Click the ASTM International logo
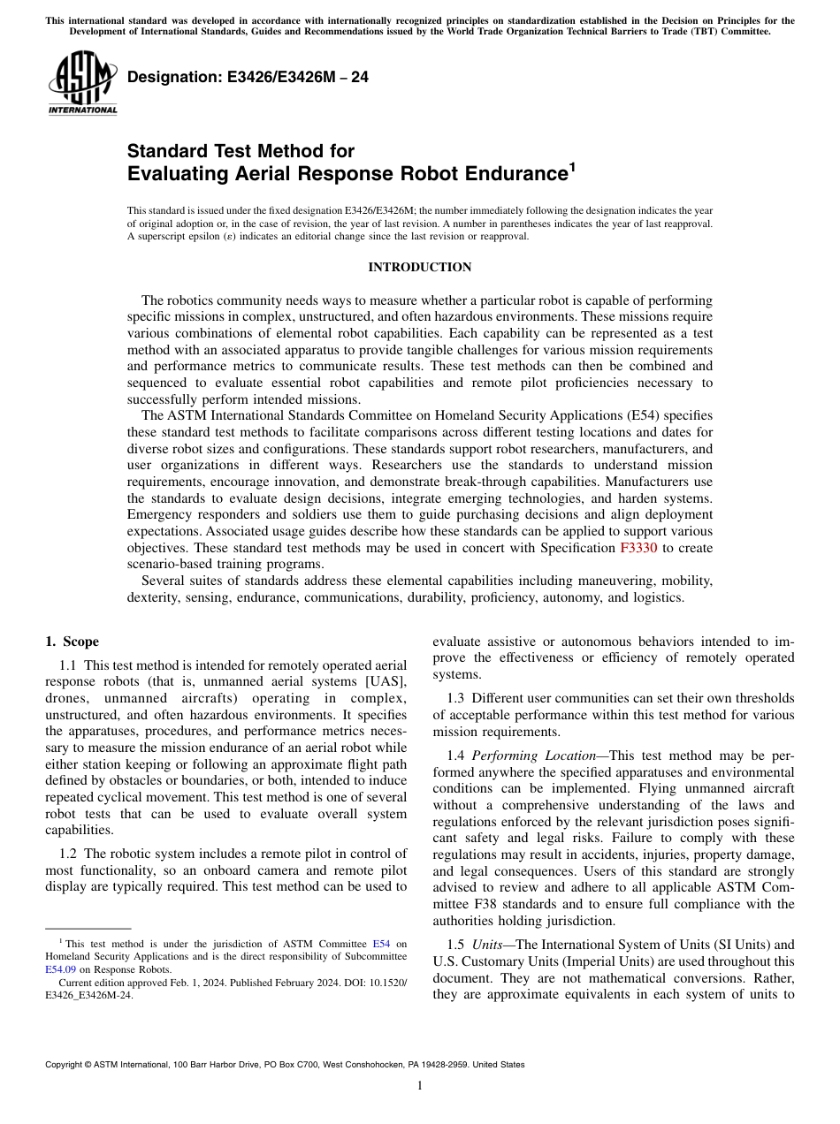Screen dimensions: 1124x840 tap(82, 83)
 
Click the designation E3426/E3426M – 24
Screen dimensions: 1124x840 tap(248, 78)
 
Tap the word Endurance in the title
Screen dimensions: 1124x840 tap(506, 173)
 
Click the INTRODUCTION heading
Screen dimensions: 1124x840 tap(419, 268)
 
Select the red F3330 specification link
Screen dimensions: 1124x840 tap(638, 548)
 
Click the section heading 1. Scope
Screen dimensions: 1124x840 tap(72, 642)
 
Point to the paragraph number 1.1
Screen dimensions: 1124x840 tap(67, 665)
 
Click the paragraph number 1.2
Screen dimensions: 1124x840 tap(67, 854)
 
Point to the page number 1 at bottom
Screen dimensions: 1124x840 tap(420, 1086)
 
